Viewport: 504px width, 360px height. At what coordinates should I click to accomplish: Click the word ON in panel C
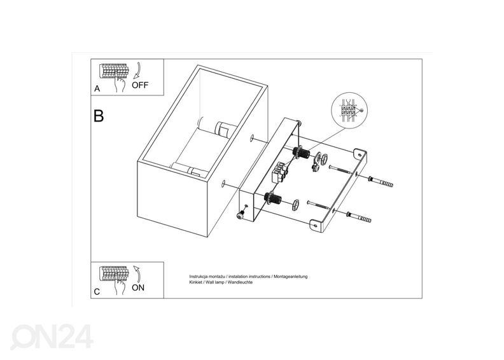point(138,287)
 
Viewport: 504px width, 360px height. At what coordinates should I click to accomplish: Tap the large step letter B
point(99,116)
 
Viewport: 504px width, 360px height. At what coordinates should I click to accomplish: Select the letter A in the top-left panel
point(97,90)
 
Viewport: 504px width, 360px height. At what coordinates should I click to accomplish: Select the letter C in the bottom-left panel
point(96,292)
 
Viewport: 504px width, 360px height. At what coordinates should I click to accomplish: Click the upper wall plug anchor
point(383,181)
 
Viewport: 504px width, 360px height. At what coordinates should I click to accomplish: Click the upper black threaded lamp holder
point(301,153)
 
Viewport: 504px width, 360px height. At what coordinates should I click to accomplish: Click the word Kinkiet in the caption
point(197,283)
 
